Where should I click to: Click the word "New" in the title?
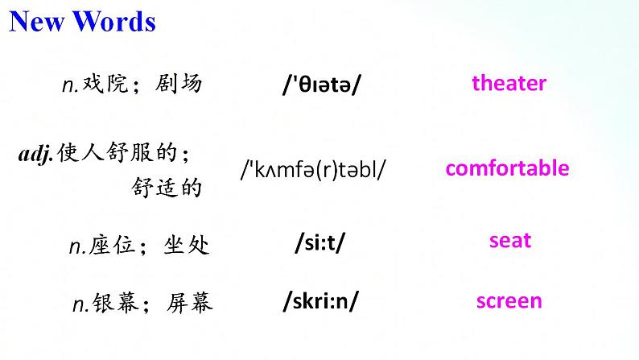tap(36, 22)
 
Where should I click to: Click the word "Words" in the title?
tap(114, 22)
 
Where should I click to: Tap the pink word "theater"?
tap(509, 83)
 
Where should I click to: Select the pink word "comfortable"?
tap(507, 168)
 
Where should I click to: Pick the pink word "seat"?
tap(510, 241)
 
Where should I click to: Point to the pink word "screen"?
tap(509, 301)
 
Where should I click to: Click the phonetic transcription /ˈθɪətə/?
tap(322, 85)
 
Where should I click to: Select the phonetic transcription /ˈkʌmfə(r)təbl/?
tap(313, 170)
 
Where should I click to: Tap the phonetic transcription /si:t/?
tap(320, 242)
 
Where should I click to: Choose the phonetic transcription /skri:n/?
tap(321, 302)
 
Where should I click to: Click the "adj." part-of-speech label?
tap(36, 155)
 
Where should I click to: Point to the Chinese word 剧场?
tap(179, 84)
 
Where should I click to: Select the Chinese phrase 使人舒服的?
tap(117, 152)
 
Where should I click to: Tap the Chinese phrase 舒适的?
tap(167, 188)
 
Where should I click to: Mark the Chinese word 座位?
tap(112, 245)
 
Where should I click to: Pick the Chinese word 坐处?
tap(187, 245)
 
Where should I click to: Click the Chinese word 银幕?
tap(116, 303)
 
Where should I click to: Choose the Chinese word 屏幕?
tap(190, 303)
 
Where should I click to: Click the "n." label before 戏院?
tap(70, 85)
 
